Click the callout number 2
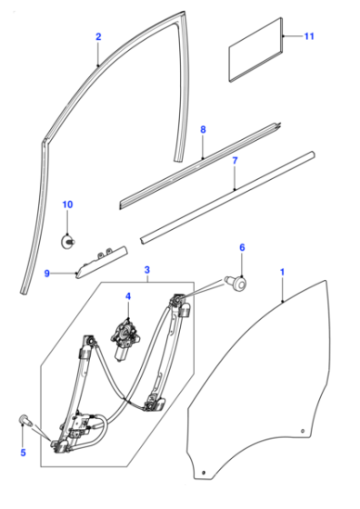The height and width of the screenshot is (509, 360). (x=98, y=36)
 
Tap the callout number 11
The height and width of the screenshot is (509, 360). (x=309, y=36)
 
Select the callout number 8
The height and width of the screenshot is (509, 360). (x=203, y=129)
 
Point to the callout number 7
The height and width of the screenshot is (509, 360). (x=235, y=160)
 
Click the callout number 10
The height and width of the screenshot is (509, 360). (x=67, y=205)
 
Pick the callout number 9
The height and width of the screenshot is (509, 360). (x=47, y=274)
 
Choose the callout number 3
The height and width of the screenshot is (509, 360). (x=147, y=270)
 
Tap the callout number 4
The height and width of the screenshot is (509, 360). (x=128, y=296)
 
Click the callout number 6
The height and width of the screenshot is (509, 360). (x=242, y=247)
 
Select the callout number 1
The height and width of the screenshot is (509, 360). (x=283, y=272)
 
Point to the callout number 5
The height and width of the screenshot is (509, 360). (x=23, y=453)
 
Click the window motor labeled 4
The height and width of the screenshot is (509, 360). (x=125, y=340)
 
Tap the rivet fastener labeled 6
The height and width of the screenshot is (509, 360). (x=236, y=283)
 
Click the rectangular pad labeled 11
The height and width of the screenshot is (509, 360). (x=255, y=49)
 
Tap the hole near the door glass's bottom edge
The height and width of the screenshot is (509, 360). (x=204, y=472)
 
